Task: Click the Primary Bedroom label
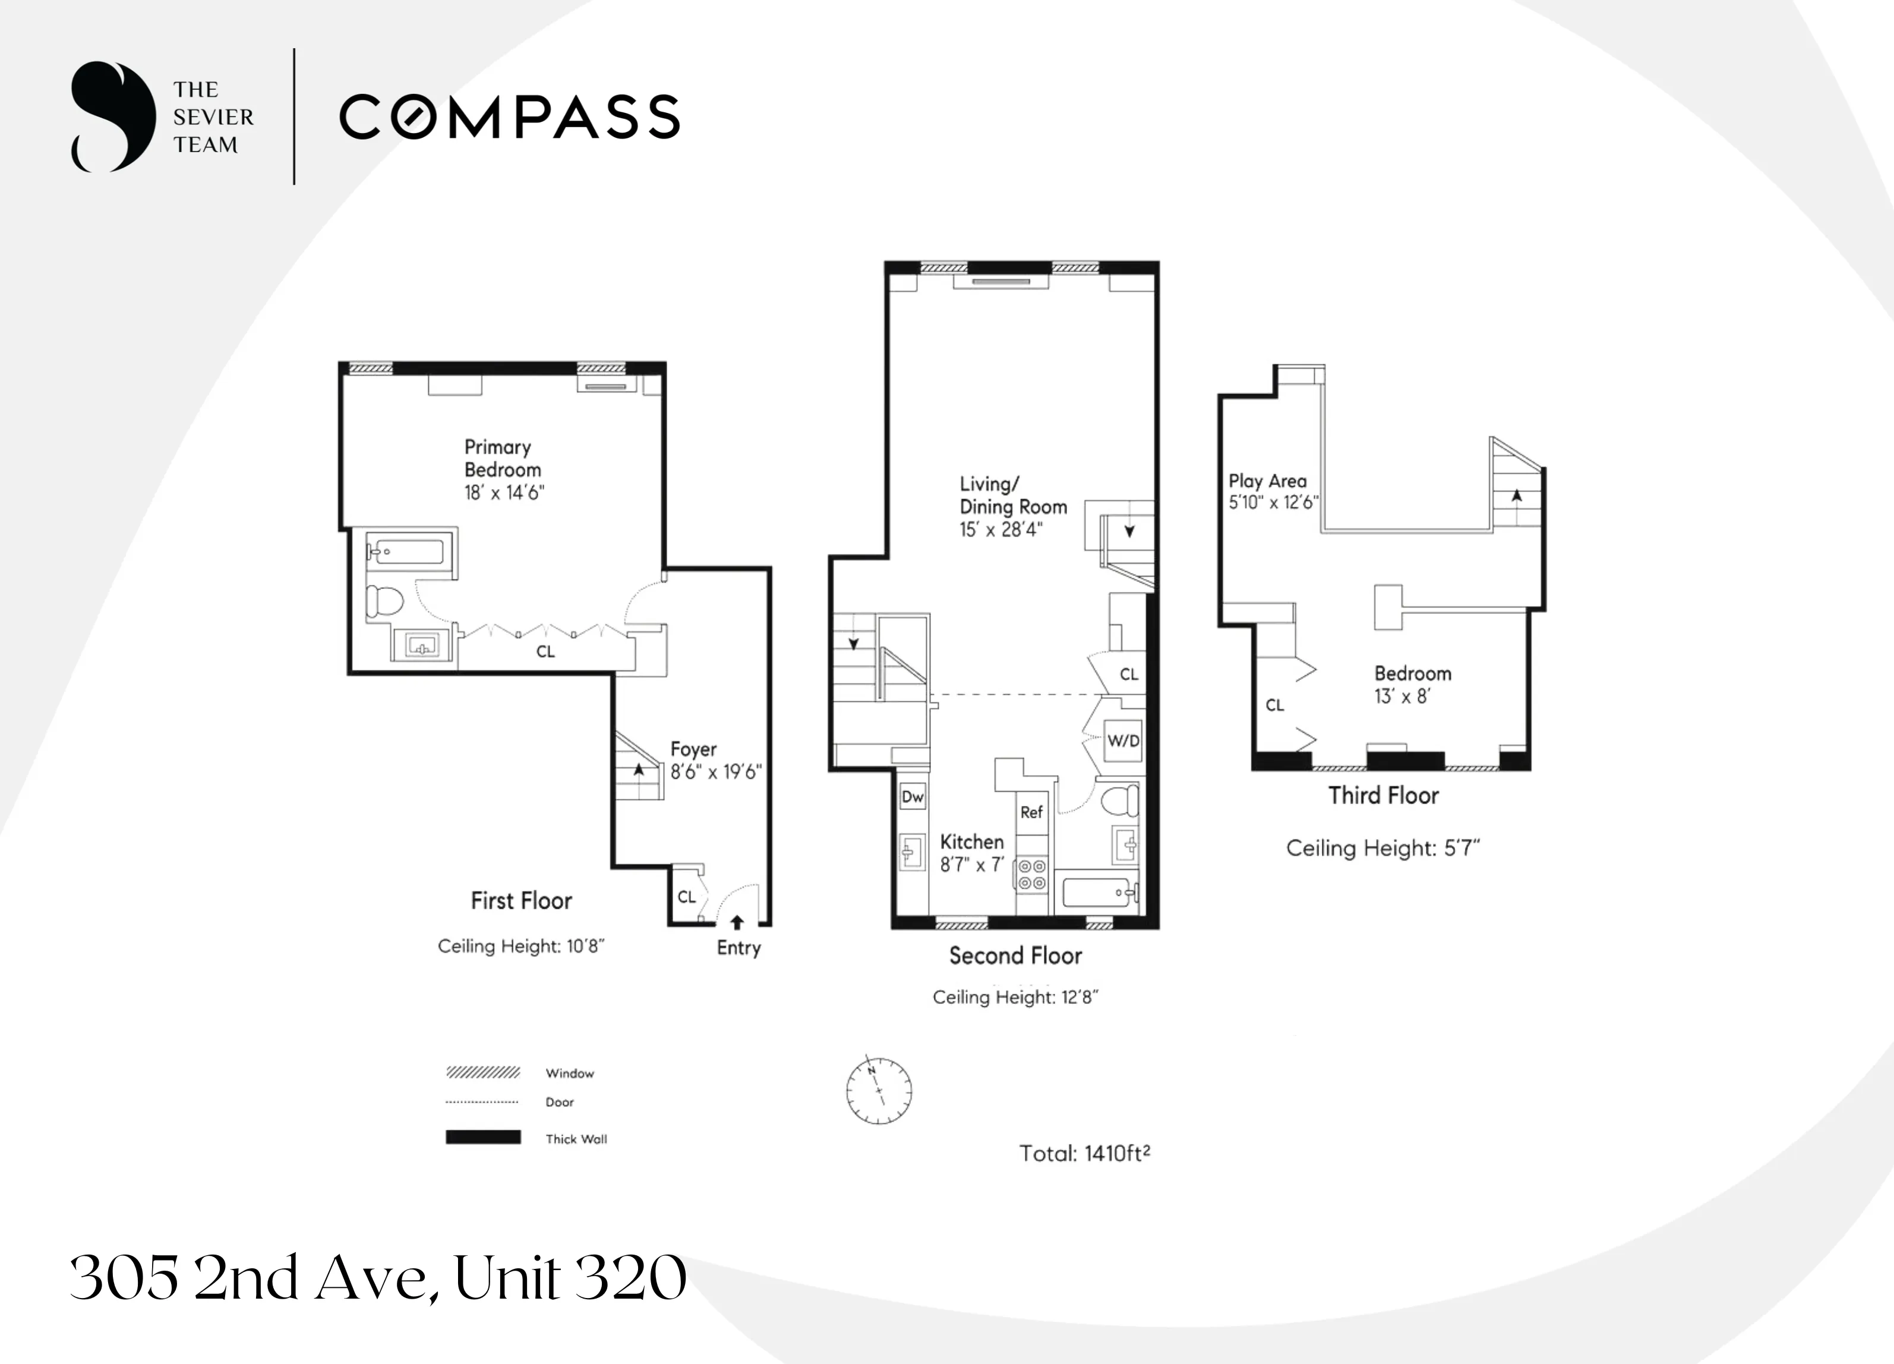click(502, 459)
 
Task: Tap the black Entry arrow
click(737, 922)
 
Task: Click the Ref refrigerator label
click(1031, 812)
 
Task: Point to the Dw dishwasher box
click(913, 797)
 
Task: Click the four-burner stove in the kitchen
click(1032, 874)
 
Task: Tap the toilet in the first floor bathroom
click(384, 600)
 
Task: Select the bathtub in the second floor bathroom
click(1095, 893)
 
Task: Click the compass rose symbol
click(879, 1091)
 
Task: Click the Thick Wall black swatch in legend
click(482, 1138)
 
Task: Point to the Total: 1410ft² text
click(1084, 1154)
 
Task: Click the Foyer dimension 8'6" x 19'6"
click(716, 772)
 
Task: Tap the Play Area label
click(1267, 481)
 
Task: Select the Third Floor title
click(1383, 795)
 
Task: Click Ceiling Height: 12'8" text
click(1015, 997)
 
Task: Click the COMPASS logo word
click(509, 117)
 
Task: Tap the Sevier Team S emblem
click(113, 117)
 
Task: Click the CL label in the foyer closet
click(686, 897)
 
